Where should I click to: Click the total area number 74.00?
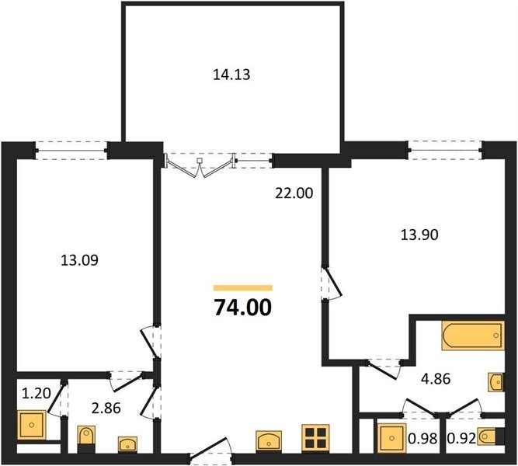(243, 308)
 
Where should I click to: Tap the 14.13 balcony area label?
(231, 75)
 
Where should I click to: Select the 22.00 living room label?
(294, 193)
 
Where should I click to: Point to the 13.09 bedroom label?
(80, 260)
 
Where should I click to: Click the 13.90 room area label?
(419, 235)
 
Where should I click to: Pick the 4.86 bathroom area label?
(436, 379)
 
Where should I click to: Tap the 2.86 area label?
(106, 409)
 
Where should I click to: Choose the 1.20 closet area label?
(36, 393)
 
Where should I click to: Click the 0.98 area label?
(422, 439)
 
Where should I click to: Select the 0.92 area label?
(461, 439)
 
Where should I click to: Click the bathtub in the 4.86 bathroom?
(473, 335)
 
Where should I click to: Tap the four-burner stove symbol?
(315, 437)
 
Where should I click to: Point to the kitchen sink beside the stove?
(269, 440)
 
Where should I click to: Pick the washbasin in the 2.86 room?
(128, 443)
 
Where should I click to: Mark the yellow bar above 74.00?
(243, 288)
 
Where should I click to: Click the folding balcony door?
(200, 165)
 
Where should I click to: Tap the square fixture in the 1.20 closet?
(31, 425)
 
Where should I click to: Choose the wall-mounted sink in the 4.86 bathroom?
(497, 382)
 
